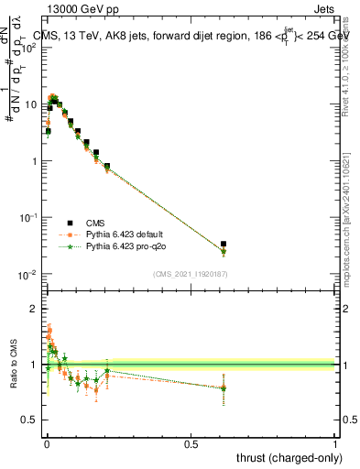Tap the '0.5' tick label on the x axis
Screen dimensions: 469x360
(191, 443)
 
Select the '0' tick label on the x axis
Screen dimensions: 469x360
(46, 443)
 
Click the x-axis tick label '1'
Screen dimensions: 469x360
(335, 443)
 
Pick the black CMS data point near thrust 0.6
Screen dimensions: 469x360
(224, 245)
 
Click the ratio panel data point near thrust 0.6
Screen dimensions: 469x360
(224, 387)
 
